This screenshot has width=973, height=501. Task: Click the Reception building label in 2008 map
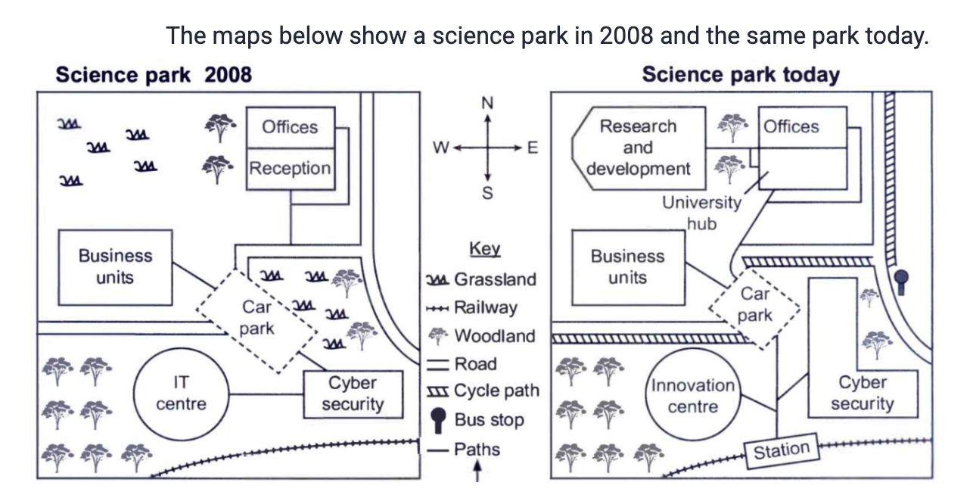coord(291,168)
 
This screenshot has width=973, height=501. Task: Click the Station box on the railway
coord(782,451)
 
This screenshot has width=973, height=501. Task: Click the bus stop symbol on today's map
coord(901,282)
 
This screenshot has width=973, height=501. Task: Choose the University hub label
coord(701,213)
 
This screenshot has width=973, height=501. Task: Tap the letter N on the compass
coord(487,103)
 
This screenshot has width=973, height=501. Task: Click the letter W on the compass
coord(440,148)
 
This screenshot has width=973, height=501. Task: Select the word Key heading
coord(485,249)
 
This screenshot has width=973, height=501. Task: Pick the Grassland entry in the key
coord(481,279)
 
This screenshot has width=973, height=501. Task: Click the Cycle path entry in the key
coord(483,391)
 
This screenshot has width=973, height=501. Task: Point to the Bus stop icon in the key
coord(438,420)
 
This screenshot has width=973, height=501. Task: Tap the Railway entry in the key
coord(472,308)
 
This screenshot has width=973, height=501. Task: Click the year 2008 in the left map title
coord(228,75)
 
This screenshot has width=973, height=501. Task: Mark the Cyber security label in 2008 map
coord(353,394)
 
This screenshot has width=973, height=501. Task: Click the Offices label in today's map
coord(791,127)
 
